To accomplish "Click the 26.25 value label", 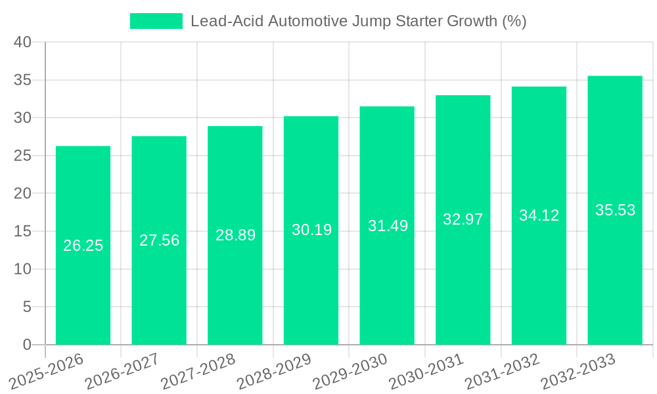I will [x=83, y=246].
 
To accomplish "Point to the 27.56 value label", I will [x=159, y=240].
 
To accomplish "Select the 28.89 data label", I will [x=235, y=235].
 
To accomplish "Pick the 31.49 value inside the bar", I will [x=388, y=226].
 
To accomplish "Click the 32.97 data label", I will [x=463, y=219].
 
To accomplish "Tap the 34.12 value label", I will [x=539, y=215].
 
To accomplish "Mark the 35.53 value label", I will [x=615, y=210].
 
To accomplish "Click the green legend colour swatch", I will [x=156, y=21].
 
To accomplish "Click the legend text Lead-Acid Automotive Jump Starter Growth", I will [x=358, y=21].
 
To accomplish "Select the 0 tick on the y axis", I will [x=26, y=345].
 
